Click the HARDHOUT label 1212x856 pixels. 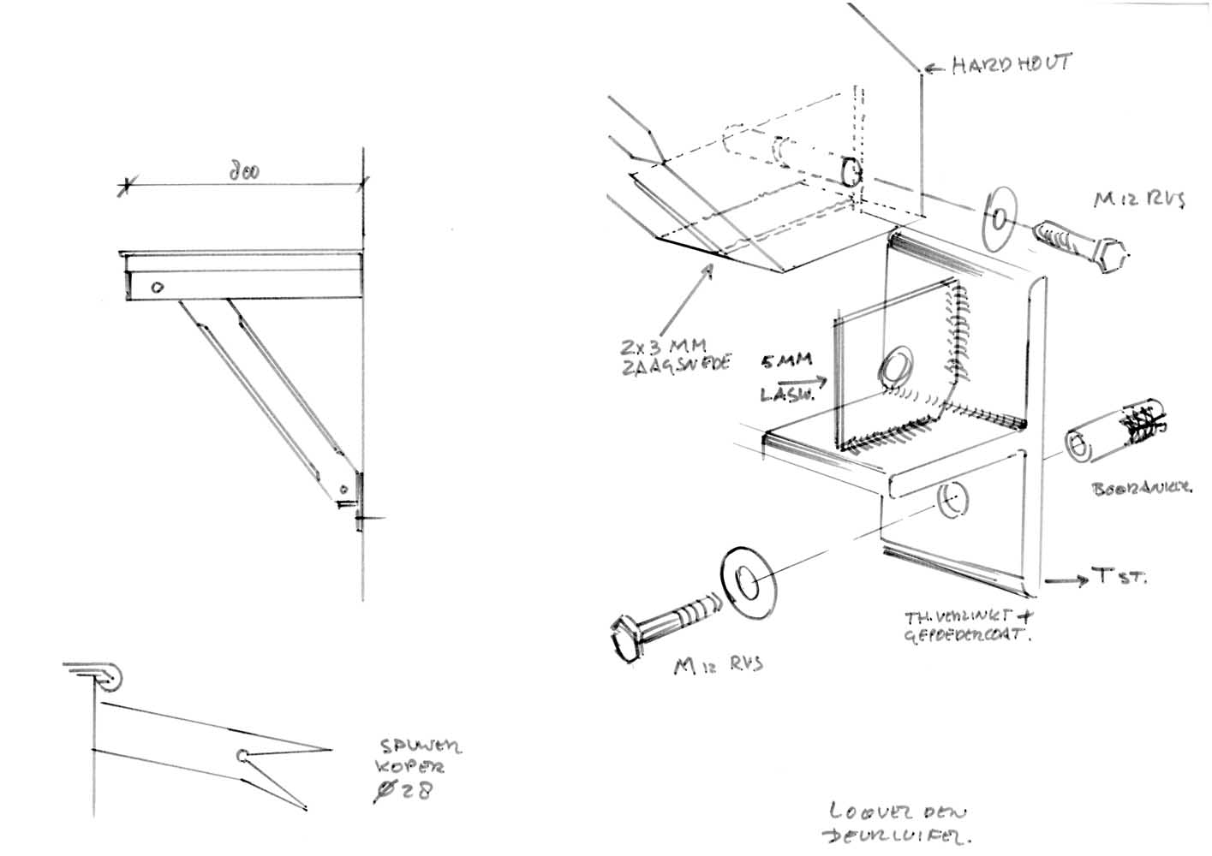[1011, 65]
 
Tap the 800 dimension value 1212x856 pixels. [245, 170]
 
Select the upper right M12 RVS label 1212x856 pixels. [1138, 200]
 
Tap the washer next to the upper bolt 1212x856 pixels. [997, 220]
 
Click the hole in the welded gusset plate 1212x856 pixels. [896, 366]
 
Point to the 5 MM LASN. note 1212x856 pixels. [787, 377]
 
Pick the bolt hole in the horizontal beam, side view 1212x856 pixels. [157, 288]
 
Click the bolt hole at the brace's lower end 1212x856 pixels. [343, 490]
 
